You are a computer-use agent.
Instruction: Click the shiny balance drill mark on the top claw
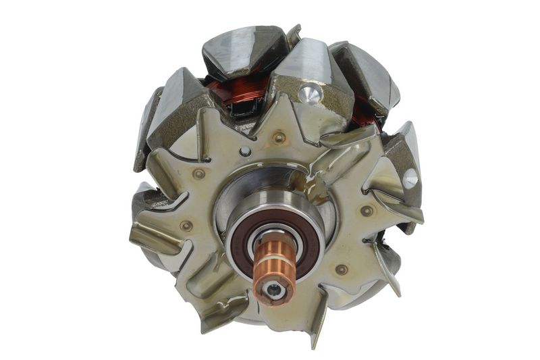click(310, 94)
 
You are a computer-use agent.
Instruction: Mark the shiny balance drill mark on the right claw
click(410, 178)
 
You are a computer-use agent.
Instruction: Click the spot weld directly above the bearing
click(279, 138)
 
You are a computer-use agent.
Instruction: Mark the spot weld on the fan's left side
click(186, 226)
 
